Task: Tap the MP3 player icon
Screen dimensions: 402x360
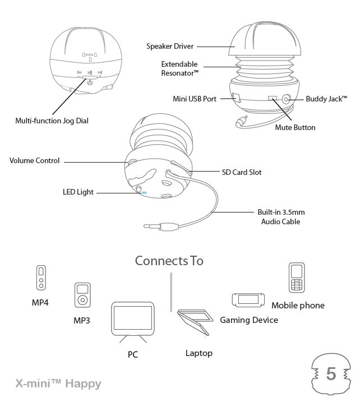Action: tap(82, 295)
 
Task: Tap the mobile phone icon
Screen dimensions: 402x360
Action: tap(297, 278)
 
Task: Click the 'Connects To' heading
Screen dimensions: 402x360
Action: tap(169, 261)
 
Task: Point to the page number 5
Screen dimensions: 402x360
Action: tap(331, 374)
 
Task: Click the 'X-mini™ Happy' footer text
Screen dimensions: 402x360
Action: tap(58, 384)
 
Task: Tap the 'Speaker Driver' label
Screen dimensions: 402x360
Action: tap(169, 47)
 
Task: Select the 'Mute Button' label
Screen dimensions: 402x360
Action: tap(295, 127)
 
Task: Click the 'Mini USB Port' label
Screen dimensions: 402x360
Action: tap(195, 99)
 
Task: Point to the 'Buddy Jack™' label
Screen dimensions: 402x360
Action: tap(326, 99)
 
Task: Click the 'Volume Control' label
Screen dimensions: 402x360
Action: tap(34, 161)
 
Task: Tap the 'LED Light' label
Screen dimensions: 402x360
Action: tap(78, 192)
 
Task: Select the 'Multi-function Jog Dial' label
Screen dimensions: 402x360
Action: tap(52, 121)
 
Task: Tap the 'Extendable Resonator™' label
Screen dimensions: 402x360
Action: tap(179, 68)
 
